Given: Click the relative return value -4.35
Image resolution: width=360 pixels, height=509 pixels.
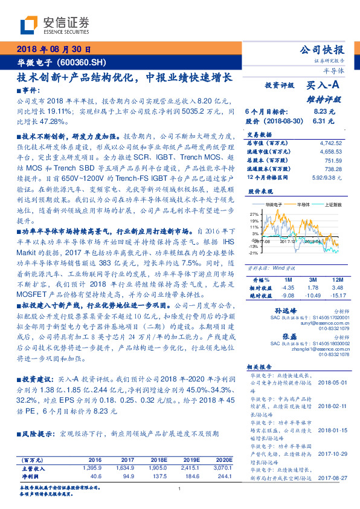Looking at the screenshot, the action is [x=288, y=288].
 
